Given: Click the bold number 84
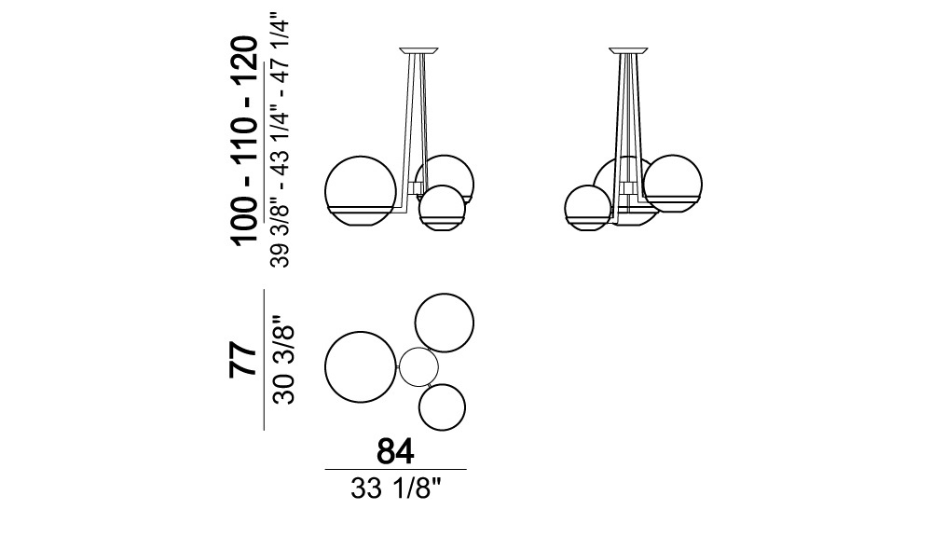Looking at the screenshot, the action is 395,451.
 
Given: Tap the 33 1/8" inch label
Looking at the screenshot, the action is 396,489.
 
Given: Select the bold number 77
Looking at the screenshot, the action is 243,360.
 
